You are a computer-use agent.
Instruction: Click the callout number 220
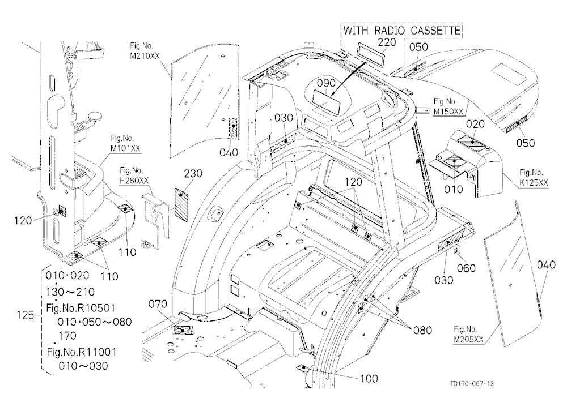[x=387, y=42]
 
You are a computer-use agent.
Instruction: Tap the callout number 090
[x=326, y=83]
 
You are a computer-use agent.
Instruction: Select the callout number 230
[x=193, y=174]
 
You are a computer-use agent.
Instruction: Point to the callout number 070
[x=158, y=304]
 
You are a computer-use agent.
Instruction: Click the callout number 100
[x=369, y=379]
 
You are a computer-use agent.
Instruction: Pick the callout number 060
[x=466, y=268]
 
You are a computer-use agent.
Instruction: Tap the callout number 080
[x=422, y=330]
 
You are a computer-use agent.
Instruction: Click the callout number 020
[x=475, y=124]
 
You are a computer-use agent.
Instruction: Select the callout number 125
[x=26, y=315]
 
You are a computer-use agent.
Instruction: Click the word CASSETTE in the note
[x=435, y=31]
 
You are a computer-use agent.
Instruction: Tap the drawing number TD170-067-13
[x=472, y=383]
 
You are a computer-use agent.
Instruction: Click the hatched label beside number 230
[x=182, y=203]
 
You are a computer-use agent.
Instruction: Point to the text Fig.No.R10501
[x=81, y=308]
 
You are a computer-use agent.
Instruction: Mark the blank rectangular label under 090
[x=327, y=102]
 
